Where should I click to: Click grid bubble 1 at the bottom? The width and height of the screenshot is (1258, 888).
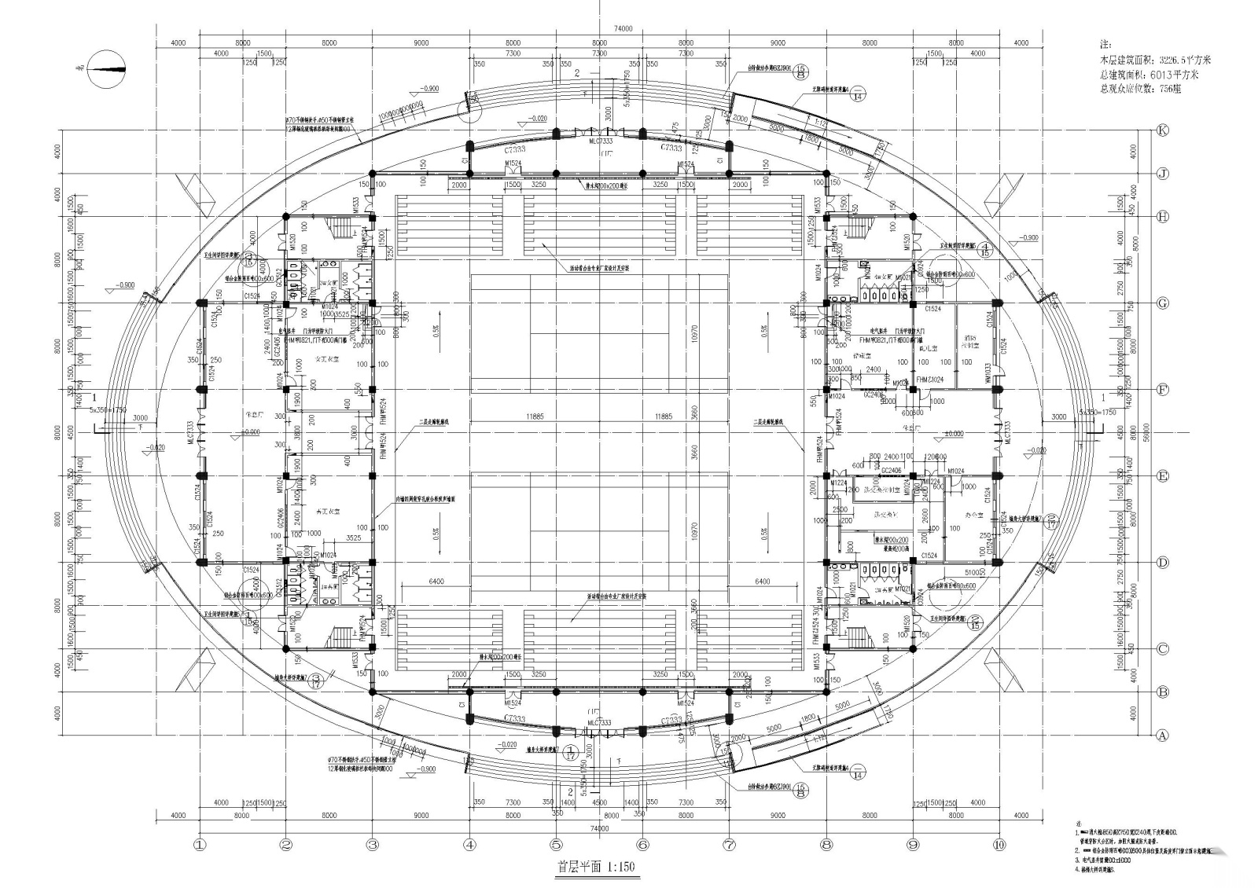(199, 845)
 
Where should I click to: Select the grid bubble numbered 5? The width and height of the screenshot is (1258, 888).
(556, 845)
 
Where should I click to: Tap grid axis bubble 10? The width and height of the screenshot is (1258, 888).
(999, 845)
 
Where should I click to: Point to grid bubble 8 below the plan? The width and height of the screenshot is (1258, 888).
(826, 845)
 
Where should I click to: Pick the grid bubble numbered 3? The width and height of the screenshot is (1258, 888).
(372, 845)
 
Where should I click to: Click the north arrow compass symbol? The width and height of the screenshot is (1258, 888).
(105, 68)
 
